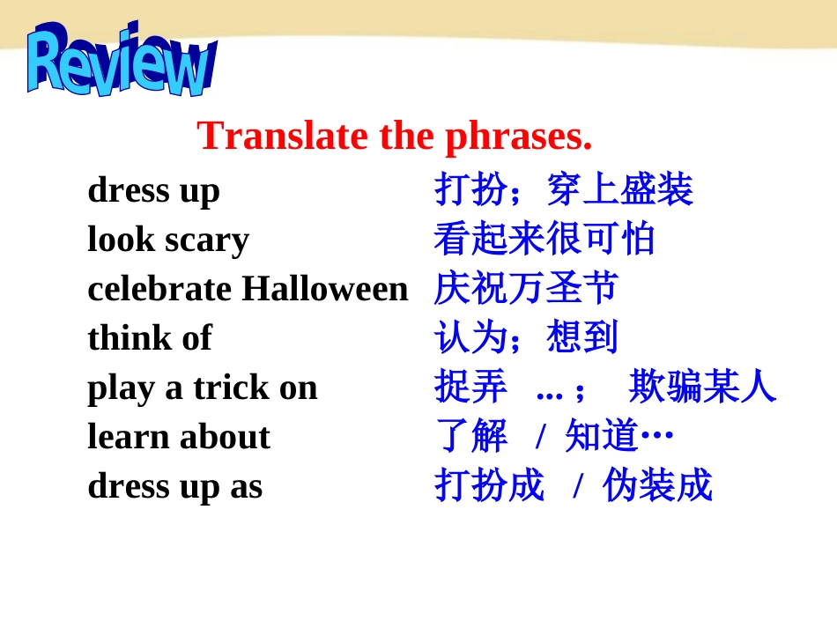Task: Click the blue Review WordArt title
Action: (x=122, y=60)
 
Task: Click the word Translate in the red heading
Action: (x=283, y=136)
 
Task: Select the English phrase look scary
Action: (x=168, y=240)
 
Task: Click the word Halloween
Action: (x=325, y=289)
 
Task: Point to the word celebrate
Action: (x=159, y=289)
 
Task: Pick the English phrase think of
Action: (x=150, y=337)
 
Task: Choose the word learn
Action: (x=129, y=437)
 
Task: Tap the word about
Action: (x=225, y=437)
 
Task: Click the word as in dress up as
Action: (x=246, y=487)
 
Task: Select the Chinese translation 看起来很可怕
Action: (x=544, y=239)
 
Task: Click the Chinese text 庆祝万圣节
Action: (x=526, y=288)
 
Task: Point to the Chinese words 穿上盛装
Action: (x=619, y=189)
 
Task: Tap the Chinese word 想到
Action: (x=581, y=337)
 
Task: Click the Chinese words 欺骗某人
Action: (x=702, y=387)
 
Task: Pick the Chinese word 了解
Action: (x=470, y=435)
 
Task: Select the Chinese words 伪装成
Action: (x=657, y=485)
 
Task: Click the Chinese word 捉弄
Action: (x=470, y=387)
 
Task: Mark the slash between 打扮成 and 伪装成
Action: (x=577, y=486)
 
